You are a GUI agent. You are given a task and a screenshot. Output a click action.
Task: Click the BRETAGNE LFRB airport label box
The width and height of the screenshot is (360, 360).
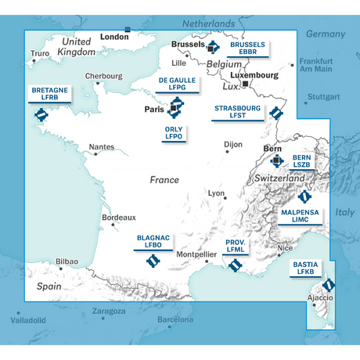[49, 95]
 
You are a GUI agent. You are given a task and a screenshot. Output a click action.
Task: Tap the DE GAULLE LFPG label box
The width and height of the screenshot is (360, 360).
[177, 85]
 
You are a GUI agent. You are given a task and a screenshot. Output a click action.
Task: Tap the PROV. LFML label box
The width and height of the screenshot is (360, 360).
[236, 248]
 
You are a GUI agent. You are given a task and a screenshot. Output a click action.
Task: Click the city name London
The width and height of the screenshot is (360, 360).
[114, 37]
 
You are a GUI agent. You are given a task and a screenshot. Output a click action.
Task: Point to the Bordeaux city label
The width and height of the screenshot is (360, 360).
[118, 217]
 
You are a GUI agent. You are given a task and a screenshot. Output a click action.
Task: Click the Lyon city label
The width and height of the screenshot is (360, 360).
[217, 193]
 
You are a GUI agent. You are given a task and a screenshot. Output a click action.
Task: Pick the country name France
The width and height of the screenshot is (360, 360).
[164, 180]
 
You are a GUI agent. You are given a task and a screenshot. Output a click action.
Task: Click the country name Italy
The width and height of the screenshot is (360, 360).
[344, 212]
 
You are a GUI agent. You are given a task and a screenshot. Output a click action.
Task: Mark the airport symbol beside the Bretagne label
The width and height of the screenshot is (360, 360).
[41, 117]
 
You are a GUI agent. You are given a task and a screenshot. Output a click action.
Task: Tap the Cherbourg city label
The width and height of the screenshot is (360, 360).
[104, 76]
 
